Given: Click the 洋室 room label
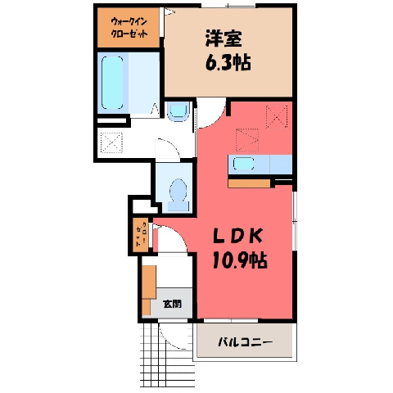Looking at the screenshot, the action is tap(224, 38).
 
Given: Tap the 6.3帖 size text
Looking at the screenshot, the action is tap(228, 62).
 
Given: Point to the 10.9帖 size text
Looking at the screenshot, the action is tap(239, 260).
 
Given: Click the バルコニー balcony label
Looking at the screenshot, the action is tap(245, 342).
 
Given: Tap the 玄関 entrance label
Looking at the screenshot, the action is tap(172, 304).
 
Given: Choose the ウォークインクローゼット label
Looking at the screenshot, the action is tap(129, 28).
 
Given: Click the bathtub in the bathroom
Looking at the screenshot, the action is tap(112, 83).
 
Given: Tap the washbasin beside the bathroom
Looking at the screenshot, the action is tap(178, 111).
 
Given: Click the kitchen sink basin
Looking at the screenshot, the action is tap(243, 165).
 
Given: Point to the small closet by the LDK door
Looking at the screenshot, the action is tap(141, 235).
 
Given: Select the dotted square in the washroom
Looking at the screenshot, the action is tap(111, 142).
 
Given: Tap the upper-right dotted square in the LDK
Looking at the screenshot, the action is tap(277, 117).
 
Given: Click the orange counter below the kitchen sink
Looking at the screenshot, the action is tap(249, 183).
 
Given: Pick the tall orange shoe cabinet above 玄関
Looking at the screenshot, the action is tap(149, 282).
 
